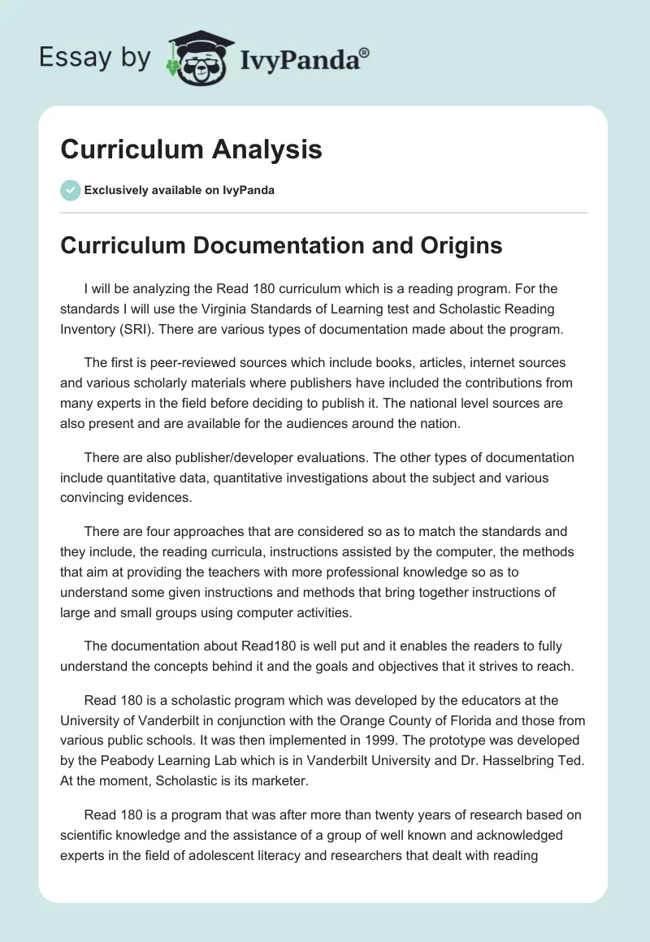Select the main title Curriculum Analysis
click(191, 149)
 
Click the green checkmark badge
click(70, 190)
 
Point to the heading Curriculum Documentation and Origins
click(281, 245)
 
